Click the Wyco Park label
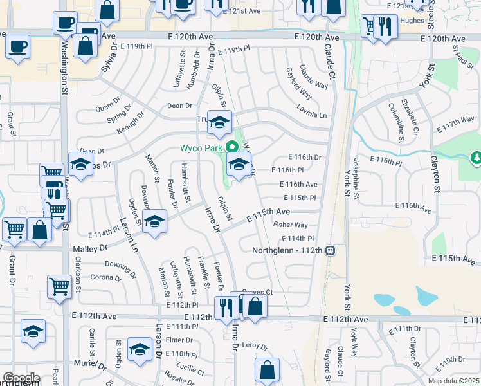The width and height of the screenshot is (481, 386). pyautogui.click(x=201, y=149)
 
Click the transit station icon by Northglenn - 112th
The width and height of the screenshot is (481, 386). pyautogui.click(x=329, y=250)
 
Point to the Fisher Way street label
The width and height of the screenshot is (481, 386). pyautogui.click(x=290, y=225)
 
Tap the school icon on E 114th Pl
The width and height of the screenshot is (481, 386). pyautogui.click(x=154, y=222)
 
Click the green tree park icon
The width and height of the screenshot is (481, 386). pyautogui.click(x=476, y=157)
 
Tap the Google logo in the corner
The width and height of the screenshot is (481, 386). pyautogui.click(x=21, y=378)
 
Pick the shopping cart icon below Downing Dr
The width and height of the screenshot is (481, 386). pyautogui.click(x=59, y=286)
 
